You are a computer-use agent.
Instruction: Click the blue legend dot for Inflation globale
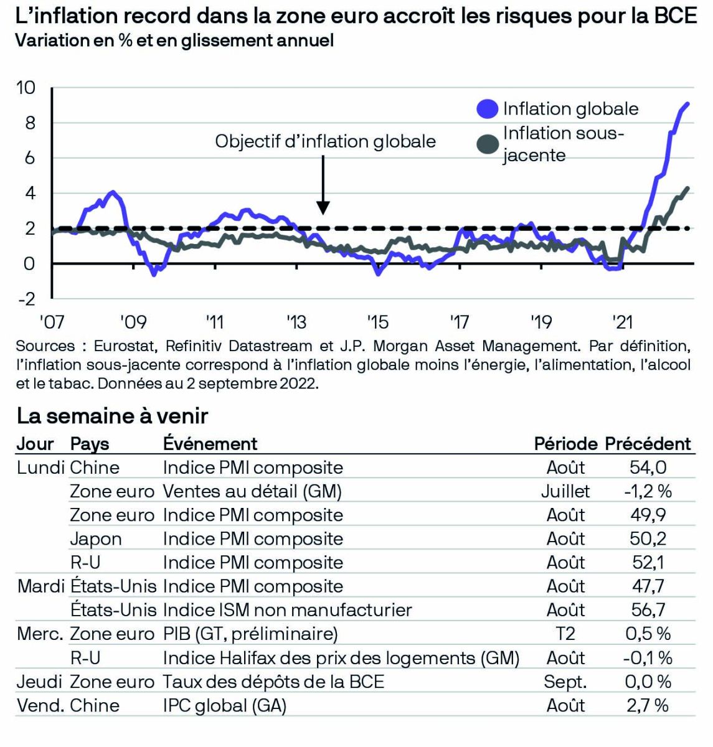pyautogui.click(x=488, y=109)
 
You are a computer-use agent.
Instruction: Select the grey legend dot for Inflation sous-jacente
pyautogui.click(x=488, y=144)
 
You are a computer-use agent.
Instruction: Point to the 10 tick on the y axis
pyautogui.click(x=26, y=88)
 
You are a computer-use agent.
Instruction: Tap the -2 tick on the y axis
pyautogui.click(x=27, y=299)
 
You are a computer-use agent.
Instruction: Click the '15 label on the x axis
pyautogui.click(x=377, y=322)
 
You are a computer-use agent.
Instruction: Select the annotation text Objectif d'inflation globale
pyautogui.click(x=325, y=141)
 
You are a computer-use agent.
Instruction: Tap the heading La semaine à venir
pyautogui.click(x=112, y=415)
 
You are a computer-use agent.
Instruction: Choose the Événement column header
pyautogui.click(x=210, y=444)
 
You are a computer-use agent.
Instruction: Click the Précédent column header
pyautogui.click(x=648, y=444)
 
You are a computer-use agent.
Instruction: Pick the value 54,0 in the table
pyautogui.click(x=648, y=467)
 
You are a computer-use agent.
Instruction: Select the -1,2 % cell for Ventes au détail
pyautogui.click(x=648, y=491)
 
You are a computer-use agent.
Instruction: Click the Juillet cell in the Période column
pyautogui.click(x=565, y=491)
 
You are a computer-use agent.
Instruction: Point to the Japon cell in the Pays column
pyautogui.click(x=95, y=539)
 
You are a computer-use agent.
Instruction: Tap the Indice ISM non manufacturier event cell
pyautogui.click(x=287, y=610)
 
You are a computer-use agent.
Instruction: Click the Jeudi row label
pyautogui.click(x=39, y=682)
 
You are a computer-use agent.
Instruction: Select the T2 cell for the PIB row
pyautogui.click(x=565, y=634)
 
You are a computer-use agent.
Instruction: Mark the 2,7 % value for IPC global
pyautogui.click(x=648, y=705)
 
